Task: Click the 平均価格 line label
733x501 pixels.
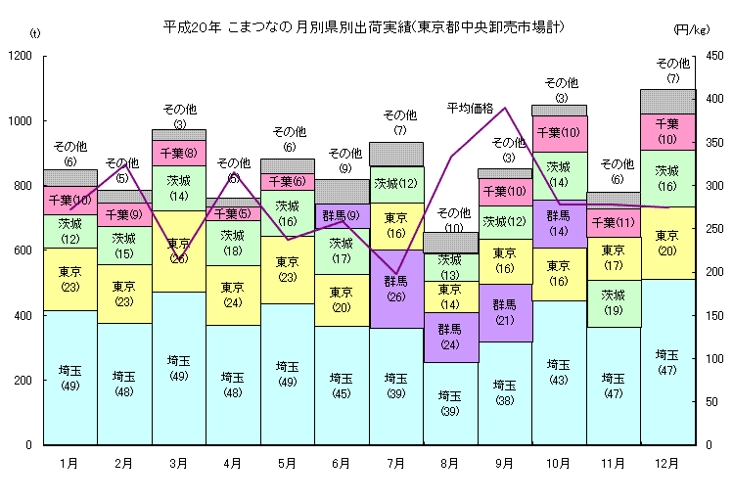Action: click(471, 107)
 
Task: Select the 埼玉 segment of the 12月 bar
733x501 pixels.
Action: click(667, 362)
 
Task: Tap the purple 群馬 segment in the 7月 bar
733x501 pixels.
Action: click(396, 289)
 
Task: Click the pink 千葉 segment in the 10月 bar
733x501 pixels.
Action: click(559, 133)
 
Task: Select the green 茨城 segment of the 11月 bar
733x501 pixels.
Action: click(614, 303)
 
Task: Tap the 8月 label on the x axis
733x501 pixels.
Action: click(450, 462)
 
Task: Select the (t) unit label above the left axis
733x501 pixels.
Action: click(35, 34)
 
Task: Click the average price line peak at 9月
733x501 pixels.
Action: click(505, 108)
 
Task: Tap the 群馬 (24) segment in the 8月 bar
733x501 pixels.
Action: click(450, 337)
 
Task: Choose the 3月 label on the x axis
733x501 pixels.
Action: click(178, 462)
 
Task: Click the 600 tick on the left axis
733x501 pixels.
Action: click(23, 250)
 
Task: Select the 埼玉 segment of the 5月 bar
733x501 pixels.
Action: click(287, 374)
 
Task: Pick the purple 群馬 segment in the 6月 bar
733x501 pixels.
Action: click(342, 215)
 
